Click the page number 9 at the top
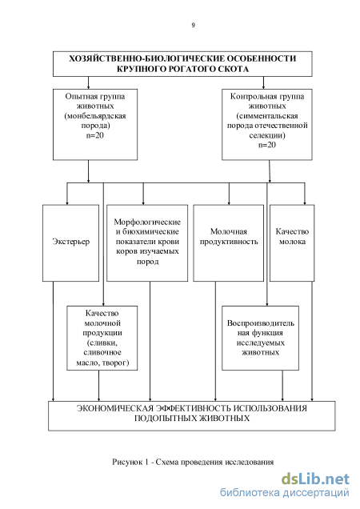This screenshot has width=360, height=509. (193, 25)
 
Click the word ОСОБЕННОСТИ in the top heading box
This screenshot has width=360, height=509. (261, 58)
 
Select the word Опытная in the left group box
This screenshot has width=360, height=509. (80, 96)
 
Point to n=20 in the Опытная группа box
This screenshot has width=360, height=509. (94, 135)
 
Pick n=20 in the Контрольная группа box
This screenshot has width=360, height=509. (267, 145)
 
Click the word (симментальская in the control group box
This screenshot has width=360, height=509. (267, 116)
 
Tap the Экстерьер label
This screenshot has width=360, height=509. (70, 242)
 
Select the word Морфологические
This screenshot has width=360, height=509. (147, 222)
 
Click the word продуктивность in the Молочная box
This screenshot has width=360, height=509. (229, 242)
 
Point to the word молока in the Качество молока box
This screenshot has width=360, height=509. (292, 242)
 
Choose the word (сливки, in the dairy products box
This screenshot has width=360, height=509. (102, 343)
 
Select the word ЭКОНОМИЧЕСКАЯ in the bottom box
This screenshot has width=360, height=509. (114, 408)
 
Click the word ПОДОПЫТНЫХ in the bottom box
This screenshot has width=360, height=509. (165, 418)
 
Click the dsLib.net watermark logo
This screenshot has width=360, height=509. (315, 479)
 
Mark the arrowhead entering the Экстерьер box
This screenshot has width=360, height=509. (67, 203)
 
